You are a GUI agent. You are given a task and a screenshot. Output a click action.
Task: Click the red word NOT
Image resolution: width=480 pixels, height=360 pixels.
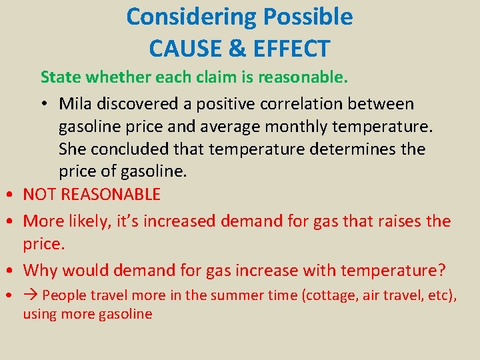(x=40, y=195)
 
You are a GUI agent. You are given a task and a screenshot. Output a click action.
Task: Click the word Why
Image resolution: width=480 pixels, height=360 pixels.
(x=41, y=271)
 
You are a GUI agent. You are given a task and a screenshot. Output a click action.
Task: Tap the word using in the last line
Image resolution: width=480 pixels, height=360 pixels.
(x=39, y=313)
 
